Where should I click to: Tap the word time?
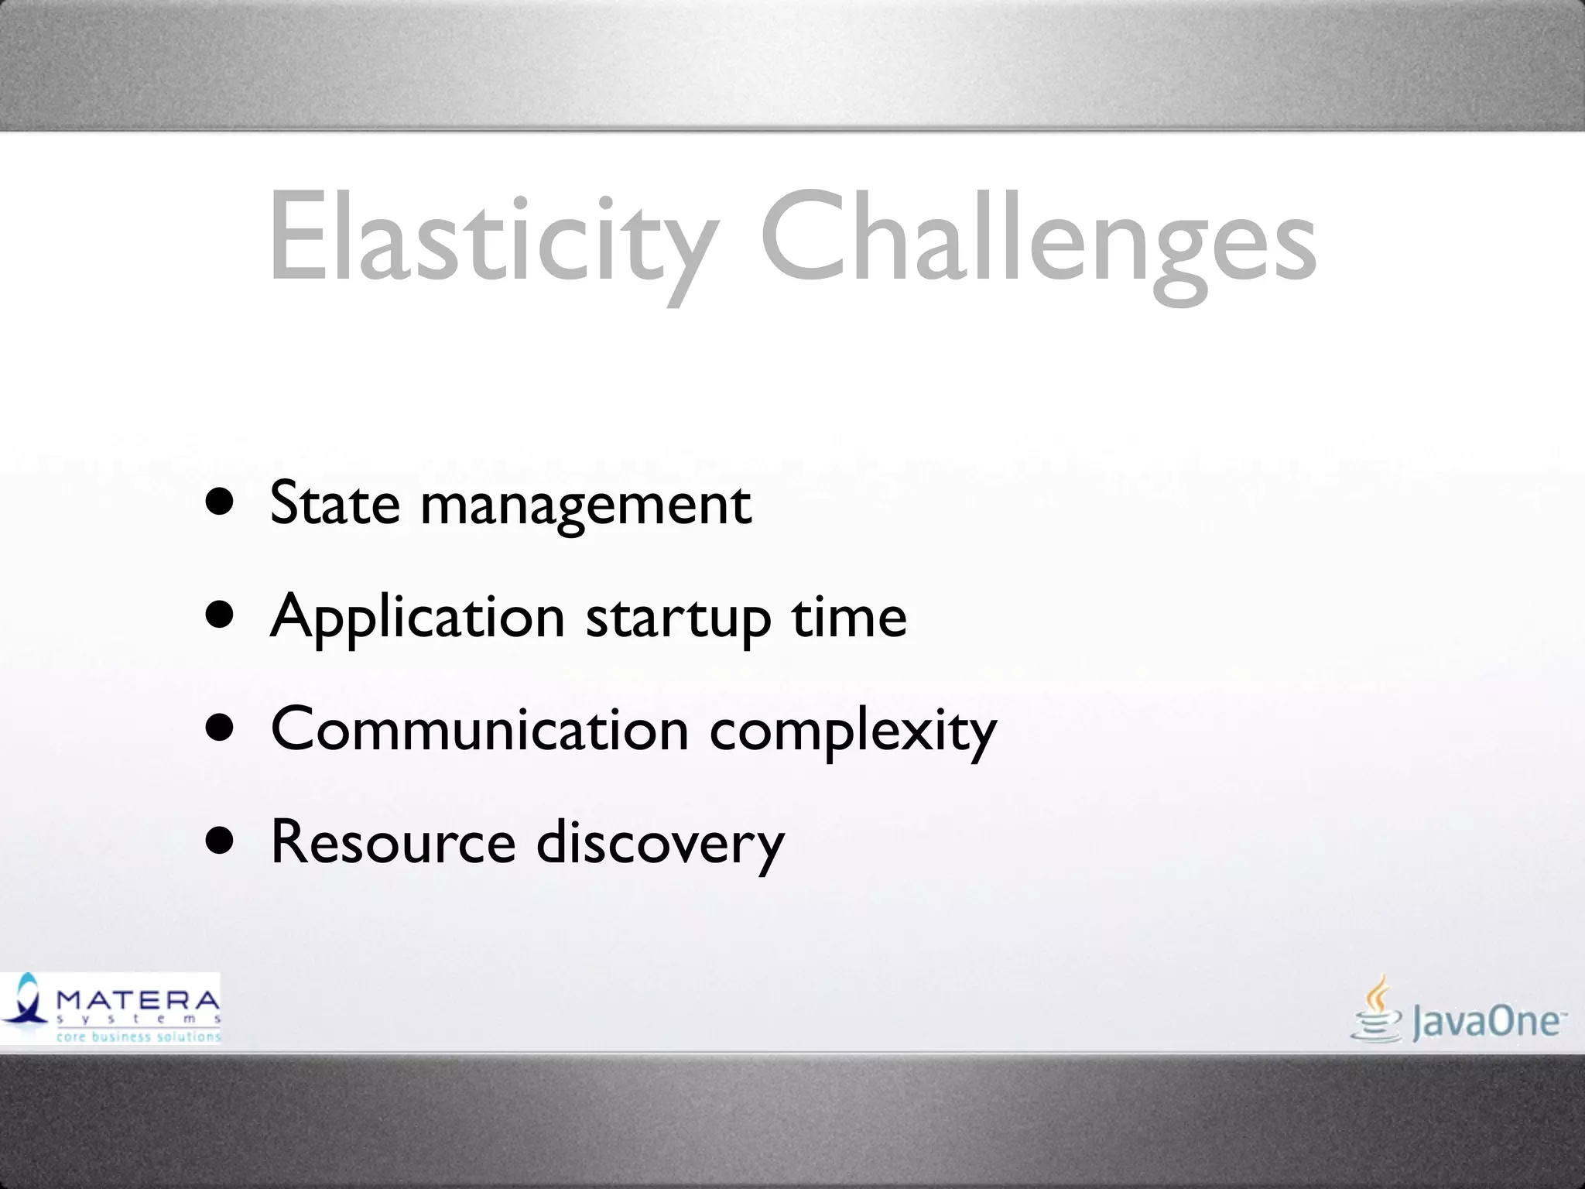848,617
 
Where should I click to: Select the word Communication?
480,730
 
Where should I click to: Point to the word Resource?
393,843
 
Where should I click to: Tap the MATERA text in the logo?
138,999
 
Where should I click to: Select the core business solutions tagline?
138,1036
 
